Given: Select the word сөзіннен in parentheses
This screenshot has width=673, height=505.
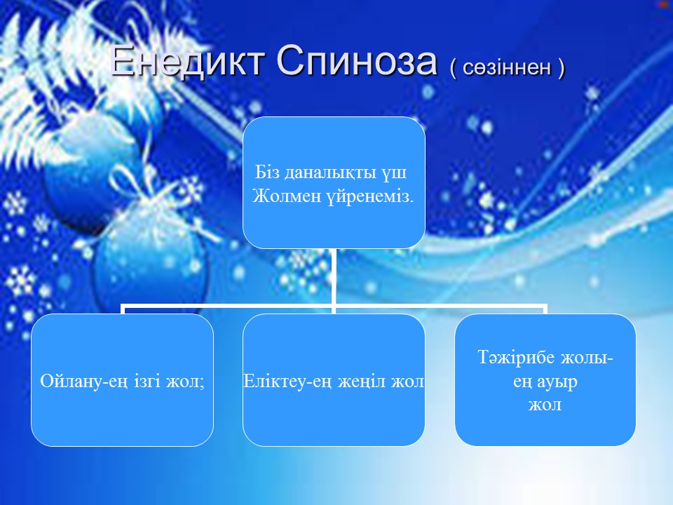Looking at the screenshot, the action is [507, 67].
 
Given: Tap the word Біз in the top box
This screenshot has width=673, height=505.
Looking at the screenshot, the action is [267, 173].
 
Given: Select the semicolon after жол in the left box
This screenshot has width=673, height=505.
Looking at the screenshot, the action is [201, 383].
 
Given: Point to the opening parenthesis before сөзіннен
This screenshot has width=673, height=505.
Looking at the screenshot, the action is [454, 68].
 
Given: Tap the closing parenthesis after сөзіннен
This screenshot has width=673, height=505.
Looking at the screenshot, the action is [561, 68].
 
